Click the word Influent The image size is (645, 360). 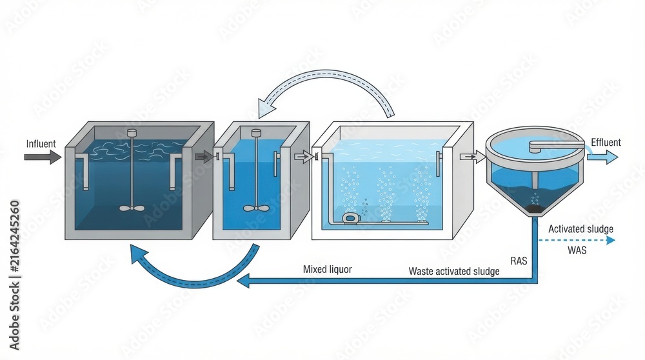pos(41,144)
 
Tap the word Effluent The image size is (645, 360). pos(606,143)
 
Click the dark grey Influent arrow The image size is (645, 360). pos(43,157)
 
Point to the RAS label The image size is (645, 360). pos(519,261)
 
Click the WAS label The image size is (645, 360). pos(577,250)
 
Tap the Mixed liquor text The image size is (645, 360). pos(328,270)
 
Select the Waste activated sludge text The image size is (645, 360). pos(453,272)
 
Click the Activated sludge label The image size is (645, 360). pos(580,229)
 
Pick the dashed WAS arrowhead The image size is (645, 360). pos(611,240)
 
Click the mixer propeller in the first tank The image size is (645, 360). pos(132,208)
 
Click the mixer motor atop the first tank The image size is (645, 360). pos(132,133)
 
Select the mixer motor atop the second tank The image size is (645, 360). pos(256,133)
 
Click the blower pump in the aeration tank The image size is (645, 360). pos(350,217)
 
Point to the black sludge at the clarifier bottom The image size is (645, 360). pos(534,209)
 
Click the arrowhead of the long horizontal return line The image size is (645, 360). pos(243,281)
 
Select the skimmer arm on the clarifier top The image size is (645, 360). pos(555,145)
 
